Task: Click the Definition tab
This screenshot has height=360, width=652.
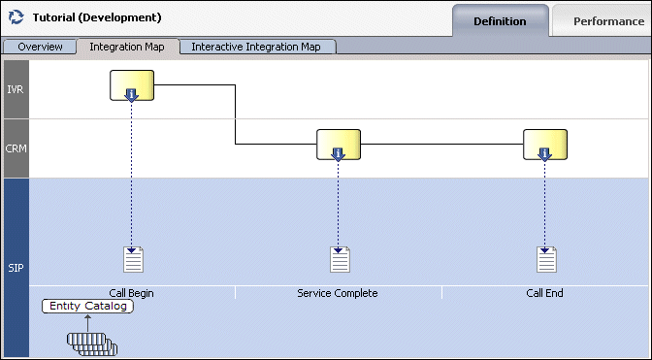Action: coord(500,20)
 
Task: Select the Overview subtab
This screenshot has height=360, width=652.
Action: coord(40,47)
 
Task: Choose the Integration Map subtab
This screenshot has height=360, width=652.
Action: coord(127,47)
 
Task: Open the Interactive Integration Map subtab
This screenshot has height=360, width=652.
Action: coord(257,47)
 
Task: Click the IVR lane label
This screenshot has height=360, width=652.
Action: coord(16,89)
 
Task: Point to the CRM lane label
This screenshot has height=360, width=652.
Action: coord(16,148)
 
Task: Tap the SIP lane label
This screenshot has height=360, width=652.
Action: coord(16,267)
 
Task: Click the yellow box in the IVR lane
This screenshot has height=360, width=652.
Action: coord(132,85)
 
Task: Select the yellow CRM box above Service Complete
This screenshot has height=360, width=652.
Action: coord(339,145)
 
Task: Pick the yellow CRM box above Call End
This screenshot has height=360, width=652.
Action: coord(545,145)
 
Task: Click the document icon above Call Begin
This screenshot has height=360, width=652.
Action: coord(133,259)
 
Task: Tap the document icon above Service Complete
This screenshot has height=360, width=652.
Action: coord(340,259)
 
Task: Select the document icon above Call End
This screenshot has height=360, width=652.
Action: coord(547,259)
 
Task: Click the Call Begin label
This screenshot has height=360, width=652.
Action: coord(132,293)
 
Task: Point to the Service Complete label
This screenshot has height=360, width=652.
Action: coord(338,293)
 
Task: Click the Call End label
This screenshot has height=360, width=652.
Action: coord(544,293)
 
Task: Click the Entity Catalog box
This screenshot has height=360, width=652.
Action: coord(86,307)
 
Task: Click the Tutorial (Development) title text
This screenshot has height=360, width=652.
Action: coord(97,18)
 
